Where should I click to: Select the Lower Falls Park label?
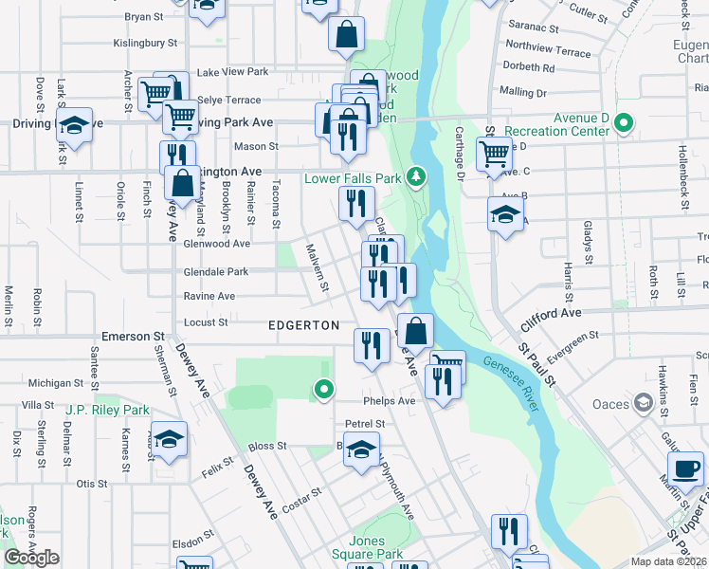click(353, 177)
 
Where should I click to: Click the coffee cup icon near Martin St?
click(685, 468)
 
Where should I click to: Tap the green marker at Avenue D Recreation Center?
click(624, 122)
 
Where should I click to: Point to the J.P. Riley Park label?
click(108, 411)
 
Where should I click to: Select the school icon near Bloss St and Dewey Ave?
click(170, 439)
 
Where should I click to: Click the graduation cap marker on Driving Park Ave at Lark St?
click(73, 124)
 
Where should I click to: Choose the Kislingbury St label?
click(146, 43)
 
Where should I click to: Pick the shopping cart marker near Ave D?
click(494, 152)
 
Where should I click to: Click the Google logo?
click(31, 558)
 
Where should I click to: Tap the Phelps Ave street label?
click(393, 400)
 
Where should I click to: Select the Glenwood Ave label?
click(217, 243)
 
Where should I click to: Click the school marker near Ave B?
click(505, 214)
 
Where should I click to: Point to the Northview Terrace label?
click(548, 51)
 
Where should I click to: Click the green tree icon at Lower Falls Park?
click(415, 175)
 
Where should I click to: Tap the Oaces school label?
click(610, 405)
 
